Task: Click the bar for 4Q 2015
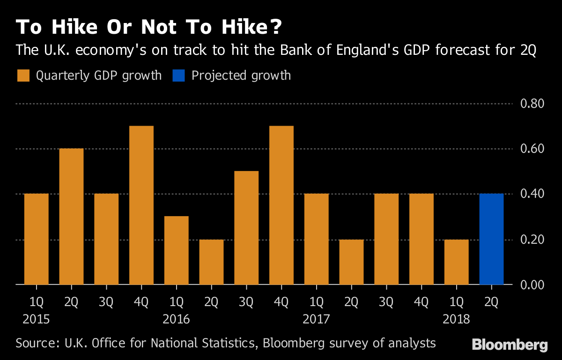coord(141,205)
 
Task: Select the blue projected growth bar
coord(492,239)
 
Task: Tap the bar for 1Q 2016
coord(177,250)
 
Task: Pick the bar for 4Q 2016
coord(281,205)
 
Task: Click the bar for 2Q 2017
coord(352,262)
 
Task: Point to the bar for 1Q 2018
coord(457,262)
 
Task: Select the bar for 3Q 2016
coord(246,228)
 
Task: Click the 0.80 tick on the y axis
coord(532,104)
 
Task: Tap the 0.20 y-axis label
coord(532,240)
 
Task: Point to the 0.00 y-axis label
coord(532,285)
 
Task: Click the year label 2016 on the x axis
coord(177,320)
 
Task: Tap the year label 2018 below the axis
coord(457,320)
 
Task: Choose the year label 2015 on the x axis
coord(37,320)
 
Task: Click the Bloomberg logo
coord(510,345)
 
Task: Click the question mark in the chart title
coord(275,28)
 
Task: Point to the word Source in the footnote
coord(33,343)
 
